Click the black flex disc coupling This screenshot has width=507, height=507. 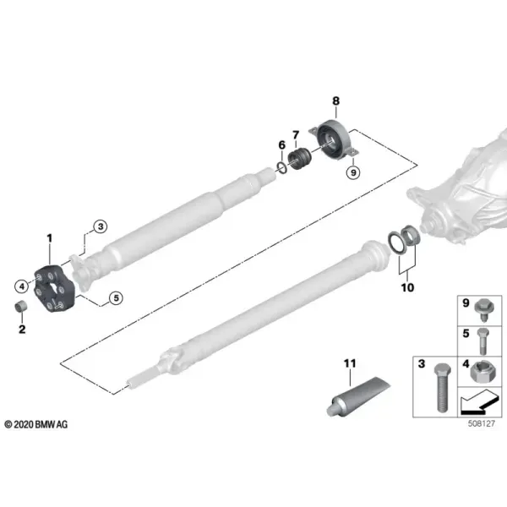tap(55, 289)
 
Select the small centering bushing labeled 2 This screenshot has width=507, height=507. tap(21, 306)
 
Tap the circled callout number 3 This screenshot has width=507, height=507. tap(101, 226)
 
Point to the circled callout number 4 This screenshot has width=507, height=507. tap(22, 286)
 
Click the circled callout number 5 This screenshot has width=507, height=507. tap(116, 297)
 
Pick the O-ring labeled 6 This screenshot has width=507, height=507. tap(281, 168)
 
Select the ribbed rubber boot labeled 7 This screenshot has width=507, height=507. tap(300, 158)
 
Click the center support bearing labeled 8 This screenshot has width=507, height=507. tap(334, 139)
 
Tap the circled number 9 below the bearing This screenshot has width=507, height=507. tap(353, 172)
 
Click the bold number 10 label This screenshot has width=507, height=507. tap(407, 287)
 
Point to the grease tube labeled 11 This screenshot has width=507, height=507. tap(357, 396)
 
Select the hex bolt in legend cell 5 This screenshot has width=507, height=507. tap(482, 341)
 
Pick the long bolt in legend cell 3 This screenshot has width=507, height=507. tap(442, 388)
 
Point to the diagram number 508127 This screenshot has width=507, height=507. tap(482, 423)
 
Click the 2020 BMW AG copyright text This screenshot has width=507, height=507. tap(35, 424)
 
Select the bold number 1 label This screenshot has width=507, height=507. tap(50, 238)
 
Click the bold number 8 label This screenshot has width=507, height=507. tap(336, 101)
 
